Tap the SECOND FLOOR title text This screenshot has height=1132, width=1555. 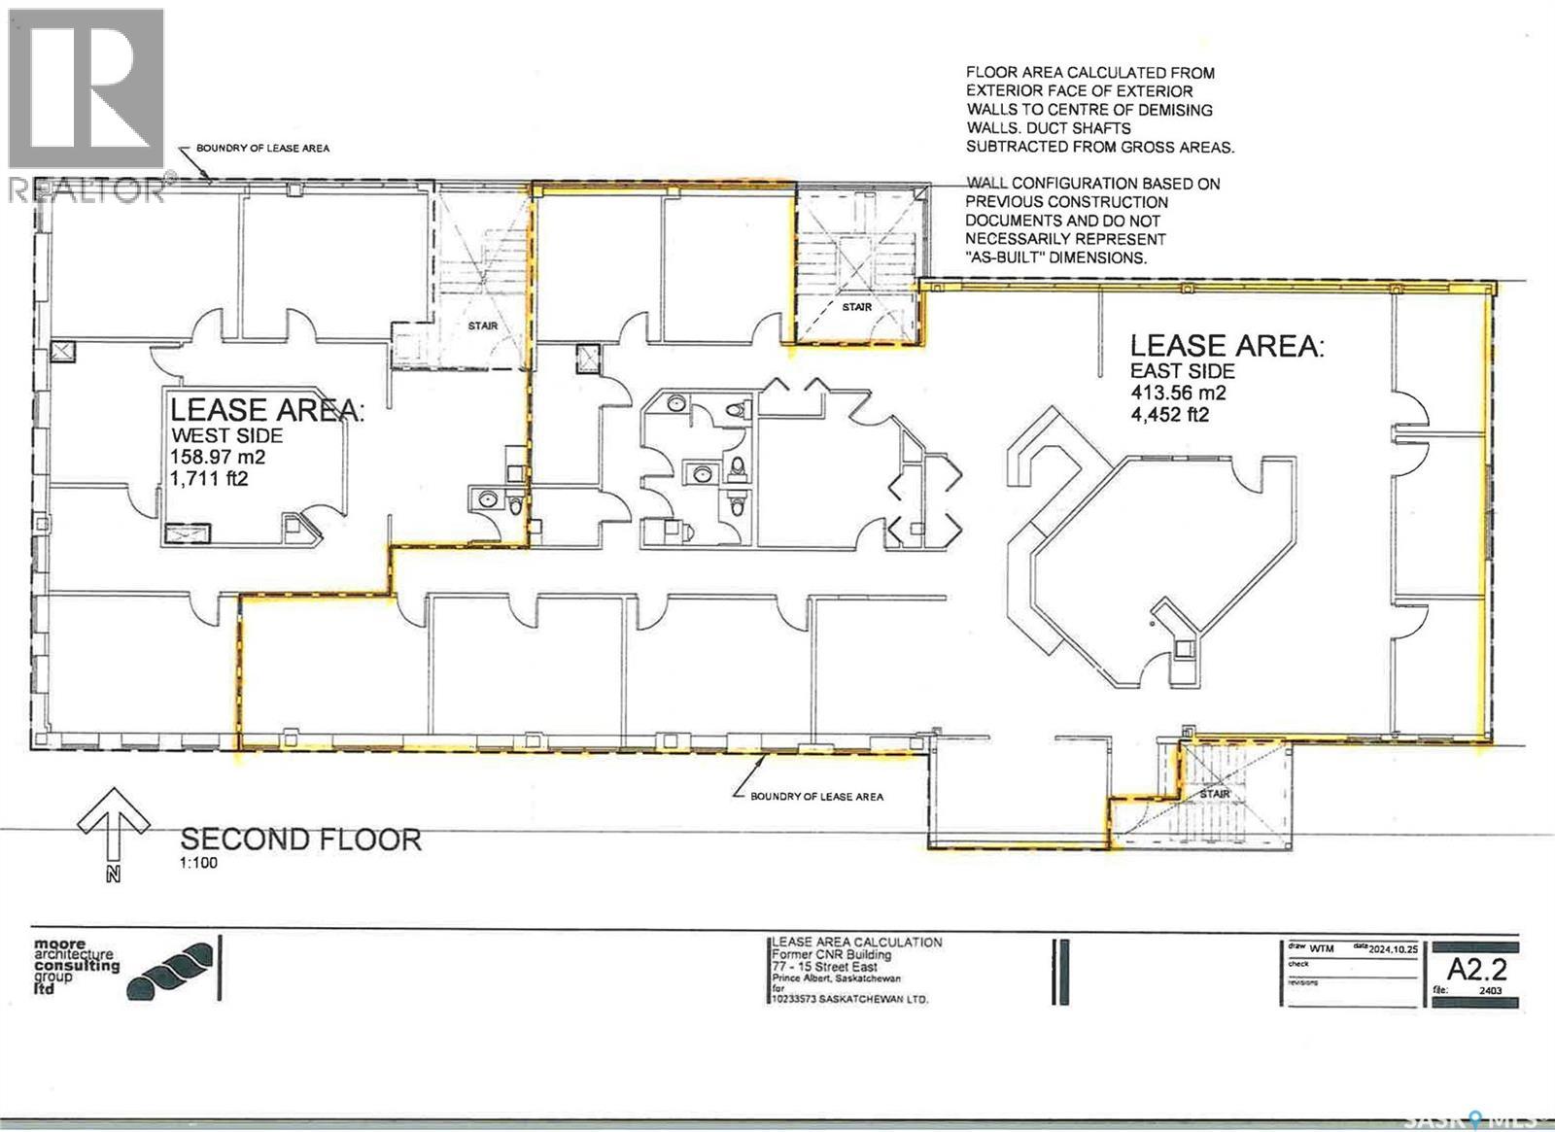pos(300,840)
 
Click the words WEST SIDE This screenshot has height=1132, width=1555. pos(226,435)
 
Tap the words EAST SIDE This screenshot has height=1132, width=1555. pos(1182,371)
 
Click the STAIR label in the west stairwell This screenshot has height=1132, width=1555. pos(483,326)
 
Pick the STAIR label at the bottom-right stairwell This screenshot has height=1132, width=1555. pos(1215,794)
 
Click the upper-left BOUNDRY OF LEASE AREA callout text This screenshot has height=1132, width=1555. pos(262,148)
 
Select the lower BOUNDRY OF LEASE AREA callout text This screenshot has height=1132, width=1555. pos(816,797)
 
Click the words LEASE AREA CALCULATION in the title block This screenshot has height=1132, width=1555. pos(856,943)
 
